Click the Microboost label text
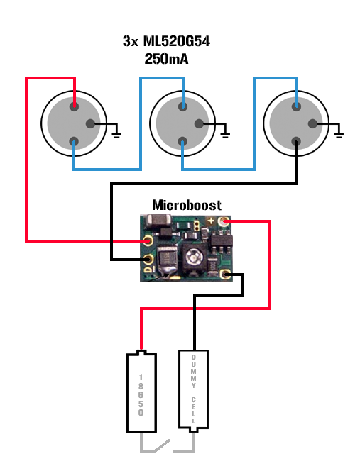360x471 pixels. (187, 205)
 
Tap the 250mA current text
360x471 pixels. (166, 59)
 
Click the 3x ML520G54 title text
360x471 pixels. (166, 41)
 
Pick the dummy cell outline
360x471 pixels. (193, 391)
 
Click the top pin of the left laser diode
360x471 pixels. (74, 106)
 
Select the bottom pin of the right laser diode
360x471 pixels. (296, 141)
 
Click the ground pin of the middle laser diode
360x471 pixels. (199, 123)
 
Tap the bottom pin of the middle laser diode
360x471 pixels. (182, 141)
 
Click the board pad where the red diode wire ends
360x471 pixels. (148, 241)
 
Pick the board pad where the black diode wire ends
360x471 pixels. (148, 259)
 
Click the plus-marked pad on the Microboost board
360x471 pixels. (223, 222)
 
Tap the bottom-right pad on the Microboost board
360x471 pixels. (225, 275)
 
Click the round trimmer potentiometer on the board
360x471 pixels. (193, 257)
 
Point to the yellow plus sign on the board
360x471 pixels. (211, 221)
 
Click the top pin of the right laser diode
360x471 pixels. (296, 106)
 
